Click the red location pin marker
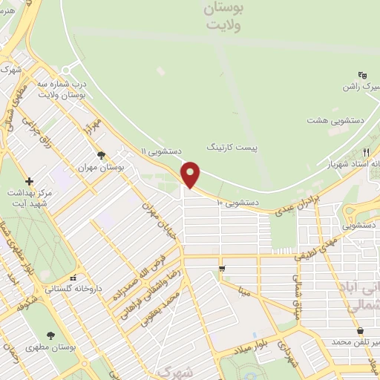point(191,174)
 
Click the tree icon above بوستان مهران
point(101,155)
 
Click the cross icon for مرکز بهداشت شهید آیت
point(29,181)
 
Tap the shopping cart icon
point(221,267)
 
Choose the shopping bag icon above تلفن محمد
point(360,330)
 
